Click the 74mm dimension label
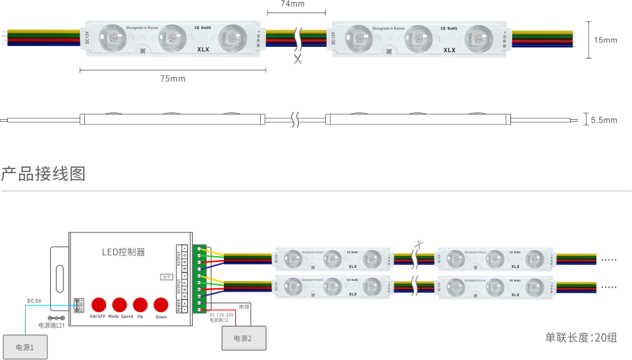click(292, 4)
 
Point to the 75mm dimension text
click(172, 79)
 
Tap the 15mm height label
click(605, 40)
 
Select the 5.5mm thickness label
click(603, 120)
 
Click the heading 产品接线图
click(43, 174)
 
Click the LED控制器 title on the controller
click(123, 252)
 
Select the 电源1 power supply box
click(25, 347)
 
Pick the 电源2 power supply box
click(242, 338)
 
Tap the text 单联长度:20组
click(581, 338)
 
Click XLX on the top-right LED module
click(449, 50)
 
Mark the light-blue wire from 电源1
click(25, 316)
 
